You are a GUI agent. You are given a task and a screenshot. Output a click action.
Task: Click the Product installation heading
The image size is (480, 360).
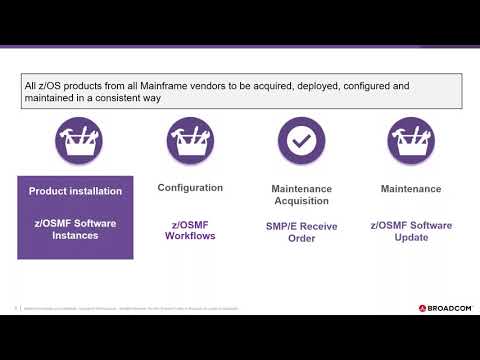tap(75, 191)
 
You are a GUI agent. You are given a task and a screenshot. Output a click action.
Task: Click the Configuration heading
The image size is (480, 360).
tap(190, 188)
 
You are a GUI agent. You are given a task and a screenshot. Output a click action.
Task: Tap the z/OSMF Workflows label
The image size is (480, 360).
tap(190, 229)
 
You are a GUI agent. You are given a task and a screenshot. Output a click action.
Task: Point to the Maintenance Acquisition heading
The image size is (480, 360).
tap(301, 195)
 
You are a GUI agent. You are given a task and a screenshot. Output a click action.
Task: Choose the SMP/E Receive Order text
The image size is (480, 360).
tap(301, 233)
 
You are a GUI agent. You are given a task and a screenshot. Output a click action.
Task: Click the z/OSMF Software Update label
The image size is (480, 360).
tap(411, 231)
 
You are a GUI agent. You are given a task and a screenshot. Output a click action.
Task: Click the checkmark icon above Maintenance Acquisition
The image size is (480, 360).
tap(301, 141)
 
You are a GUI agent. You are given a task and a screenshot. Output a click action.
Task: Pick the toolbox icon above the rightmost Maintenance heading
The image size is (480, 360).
tap(411, 141)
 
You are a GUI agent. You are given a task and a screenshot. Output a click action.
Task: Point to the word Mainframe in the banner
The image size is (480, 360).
tap(170, 87)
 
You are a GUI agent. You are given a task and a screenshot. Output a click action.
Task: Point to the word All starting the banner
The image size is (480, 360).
tap(31, 87)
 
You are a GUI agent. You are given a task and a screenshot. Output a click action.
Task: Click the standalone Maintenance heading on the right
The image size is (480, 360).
tap(411, 188)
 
